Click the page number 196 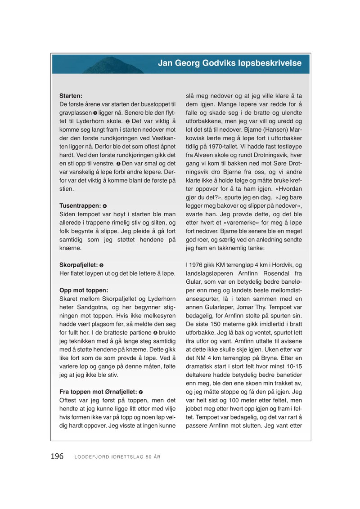57,456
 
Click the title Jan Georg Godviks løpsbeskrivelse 229,63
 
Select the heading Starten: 70,96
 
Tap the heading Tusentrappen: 80,205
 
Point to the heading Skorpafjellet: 78,265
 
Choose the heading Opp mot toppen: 84,290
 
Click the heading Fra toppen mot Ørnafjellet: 98,392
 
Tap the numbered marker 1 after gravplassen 95,113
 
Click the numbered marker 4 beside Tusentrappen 105,206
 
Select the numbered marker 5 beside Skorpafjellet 101,265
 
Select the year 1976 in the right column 198,265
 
